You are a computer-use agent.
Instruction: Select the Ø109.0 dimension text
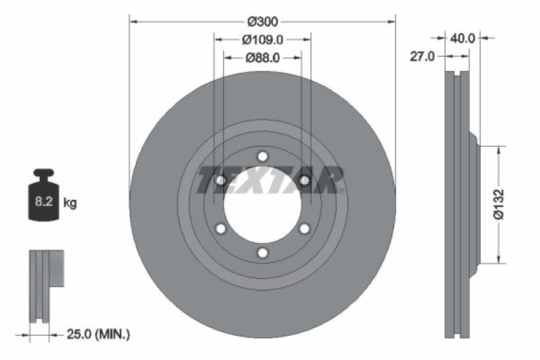point(263,40)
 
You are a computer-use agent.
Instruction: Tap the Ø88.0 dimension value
point(263,57)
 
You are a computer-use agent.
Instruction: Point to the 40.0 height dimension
point(463,38)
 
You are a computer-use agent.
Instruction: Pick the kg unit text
point(70,202)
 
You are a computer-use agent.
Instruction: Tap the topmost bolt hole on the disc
point(263,156)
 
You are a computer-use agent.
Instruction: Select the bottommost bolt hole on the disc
point(263,253)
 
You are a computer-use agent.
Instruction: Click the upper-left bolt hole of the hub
point(220,180)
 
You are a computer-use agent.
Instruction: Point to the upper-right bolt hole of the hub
point(304,180)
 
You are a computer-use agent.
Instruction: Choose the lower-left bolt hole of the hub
point(220,229)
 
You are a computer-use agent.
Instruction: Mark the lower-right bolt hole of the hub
point(304,229)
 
